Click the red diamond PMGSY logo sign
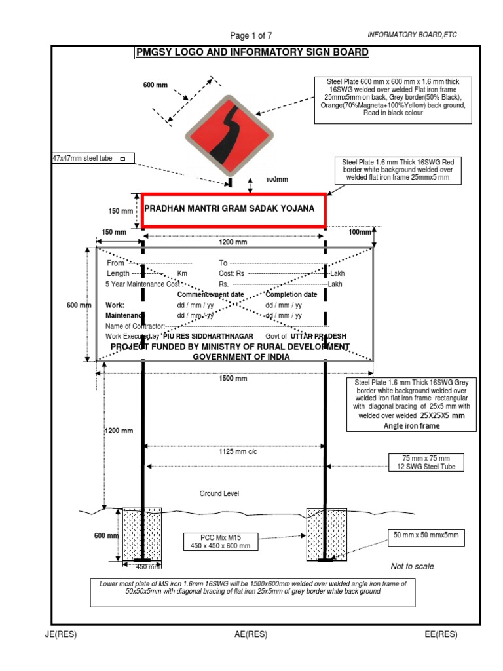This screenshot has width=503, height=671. [x=229, y=135]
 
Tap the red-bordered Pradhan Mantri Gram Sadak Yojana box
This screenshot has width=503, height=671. [x=233, y=210]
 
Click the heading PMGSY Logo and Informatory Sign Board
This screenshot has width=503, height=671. [x=240, y=54]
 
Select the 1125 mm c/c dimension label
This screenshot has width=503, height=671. [x=234, y=451]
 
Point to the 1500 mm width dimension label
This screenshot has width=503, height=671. [x=233, y=379]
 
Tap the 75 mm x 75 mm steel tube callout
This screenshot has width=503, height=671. [x=426, y=462]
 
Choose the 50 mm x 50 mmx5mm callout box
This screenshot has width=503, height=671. [x=426, y=536]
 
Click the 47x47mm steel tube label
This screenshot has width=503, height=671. [x=92, y=158]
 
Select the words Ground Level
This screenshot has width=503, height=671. [x=219, y=493]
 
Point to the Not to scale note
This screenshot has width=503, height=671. [x=412, y=566]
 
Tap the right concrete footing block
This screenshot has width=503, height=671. [x=326, y=534]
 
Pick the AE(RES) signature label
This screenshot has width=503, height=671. [x=250, y=634]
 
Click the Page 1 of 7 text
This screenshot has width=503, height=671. [x=251, y=35]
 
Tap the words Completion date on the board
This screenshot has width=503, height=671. [x=291, y=295]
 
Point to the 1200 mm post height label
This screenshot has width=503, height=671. [x=119, y=431]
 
